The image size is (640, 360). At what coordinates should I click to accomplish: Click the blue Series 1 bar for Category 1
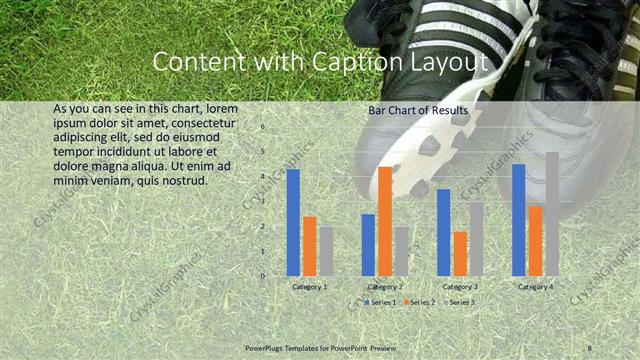[293, 222]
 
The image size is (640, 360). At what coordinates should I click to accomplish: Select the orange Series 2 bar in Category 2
[385, 221]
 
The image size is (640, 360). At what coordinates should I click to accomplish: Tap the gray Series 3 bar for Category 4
[552, 214]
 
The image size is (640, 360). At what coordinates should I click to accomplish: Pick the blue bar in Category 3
[444, 232]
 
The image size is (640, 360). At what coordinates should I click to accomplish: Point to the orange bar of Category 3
[460, 253]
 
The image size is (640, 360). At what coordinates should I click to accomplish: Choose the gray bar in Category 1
[327, 251]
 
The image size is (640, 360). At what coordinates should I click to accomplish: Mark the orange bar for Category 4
[536, 241]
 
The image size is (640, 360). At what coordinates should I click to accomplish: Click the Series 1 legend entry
[380, 301]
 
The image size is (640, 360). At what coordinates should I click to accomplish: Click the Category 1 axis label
[310, 287]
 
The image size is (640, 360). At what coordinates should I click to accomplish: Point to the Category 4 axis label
[536, 287]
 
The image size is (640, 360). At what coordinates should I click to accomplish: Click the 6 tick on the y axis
[263, 127]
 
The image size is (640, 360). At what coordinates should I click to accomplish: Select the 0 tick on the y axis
[263, 276]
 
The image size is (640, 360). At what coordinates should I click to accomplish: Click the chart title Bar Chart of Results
[418, 109]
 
